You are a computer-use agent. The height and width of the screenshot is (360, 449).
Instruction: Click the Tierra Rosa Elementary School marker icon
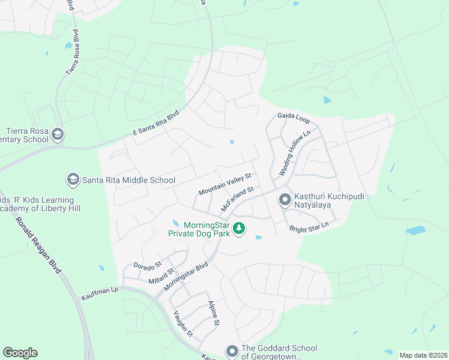tap(58, 133)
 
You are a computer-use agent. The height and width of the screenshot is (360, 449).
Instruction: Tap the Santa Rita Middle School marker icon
tap(73, 179)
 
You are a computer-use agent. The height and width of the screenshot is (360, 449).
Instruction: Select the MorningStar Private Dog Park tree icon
tap(239, 229)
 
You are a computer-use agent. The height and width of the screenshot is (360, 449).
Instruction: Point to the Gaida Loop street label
tap(292, 116)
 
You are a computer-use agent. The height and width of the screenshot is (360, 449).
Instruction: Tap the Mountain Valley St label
tap(224, 185)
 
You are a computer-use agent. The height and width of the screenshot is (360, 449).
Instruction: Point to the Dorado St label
tap(147, 265)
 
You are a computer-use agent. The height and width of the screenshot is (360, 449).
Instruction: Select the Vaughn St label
tap(184, 323)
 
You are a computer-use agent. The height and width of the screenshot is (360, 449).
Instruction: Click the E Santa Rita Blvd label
tap(155, 124)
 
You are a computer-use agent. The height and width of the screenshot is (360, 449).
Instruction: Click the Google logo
tap(20, 353)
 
